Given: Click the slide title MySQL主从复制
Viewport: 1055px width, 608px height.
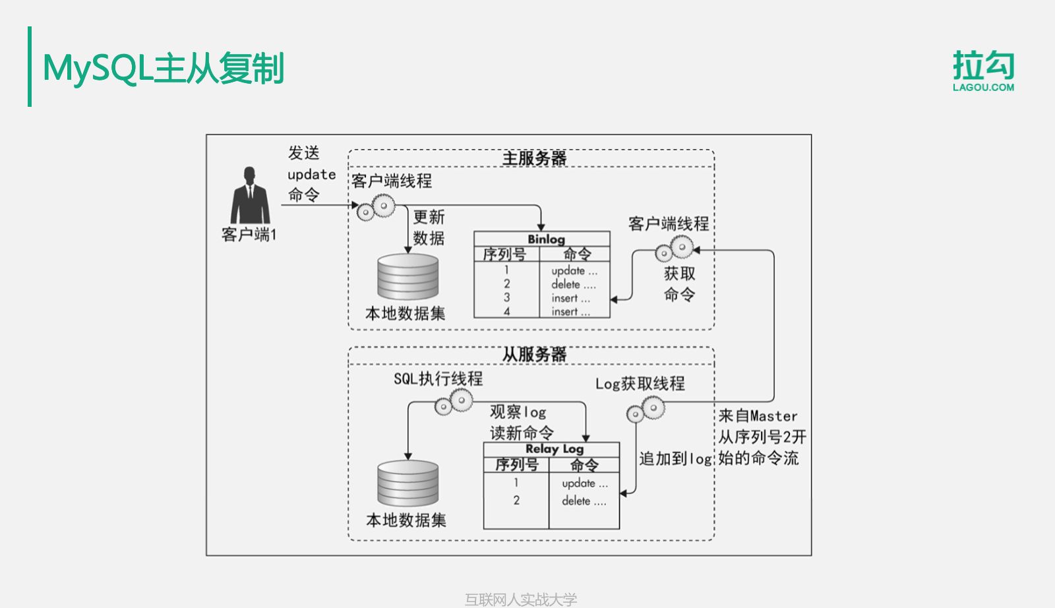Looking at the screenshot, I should click(163, 69).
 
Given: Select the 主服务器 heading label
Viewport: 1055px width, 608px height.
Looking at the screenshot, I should click(534, 158).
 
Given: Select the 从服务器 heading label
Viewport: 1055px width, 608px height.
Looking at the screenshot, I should click(534, 355).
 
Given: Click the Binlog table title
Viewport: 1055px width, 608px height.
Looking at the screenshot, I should click(546, 239).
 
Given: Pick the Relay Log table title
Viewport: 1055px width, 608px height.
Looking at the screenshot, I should click(555, 449).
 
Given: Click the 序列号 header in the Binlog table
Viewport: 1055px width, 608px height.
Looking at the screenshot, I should click(505, 254).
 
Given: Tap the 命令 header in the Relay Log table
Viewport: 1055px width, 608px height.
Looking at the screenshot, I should click(584, 465).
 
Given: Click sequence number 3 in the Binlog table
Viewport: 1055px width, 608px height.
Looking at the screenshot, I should click(506, 297).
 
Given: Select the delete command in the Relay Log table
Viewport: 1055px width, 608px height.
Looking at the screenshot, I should click(584, 501).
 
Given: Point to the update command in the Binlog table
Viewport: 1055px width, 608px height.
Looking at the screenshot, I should click(574, 271).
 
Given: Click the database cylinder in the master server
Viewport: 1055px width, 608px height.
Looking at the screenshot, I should click(407, 277).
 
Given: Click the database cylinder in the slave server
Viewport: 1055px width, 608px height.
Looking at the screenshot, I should click(407, 483).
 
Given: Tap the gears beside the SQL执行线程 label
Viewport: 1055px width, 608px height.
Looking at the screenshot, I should click(454, 402).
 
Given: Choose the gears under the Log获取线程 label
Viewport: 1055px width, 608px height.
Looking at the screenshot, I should click(645, 410).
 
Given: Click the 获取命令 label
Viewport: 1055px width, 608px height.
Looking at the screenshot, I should click(679, 284).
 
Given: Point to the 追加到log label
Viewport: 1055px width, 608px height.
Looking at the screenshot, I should click(675, 459).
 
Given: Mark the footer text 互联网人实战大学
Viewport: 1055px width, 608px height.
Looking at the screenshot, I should click(521, 599).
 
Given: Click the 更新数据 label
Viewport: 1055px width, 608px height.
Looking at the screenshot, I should click(429, 228).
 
